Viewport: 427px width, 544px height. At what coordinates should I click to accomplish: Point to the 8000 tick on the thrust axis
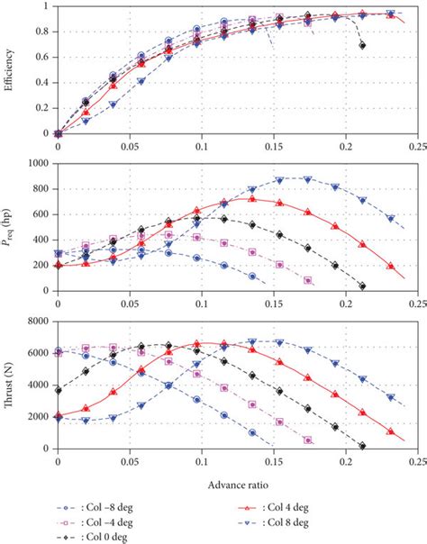39,322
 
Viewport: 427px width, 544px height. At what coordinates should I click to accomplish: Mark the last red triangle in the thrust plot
391,431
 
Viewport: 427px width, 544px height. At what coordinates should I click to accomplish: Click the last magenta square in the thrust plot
308,440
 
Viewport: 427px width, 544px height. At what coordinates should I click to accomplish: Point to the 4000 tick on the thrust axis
39,385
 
